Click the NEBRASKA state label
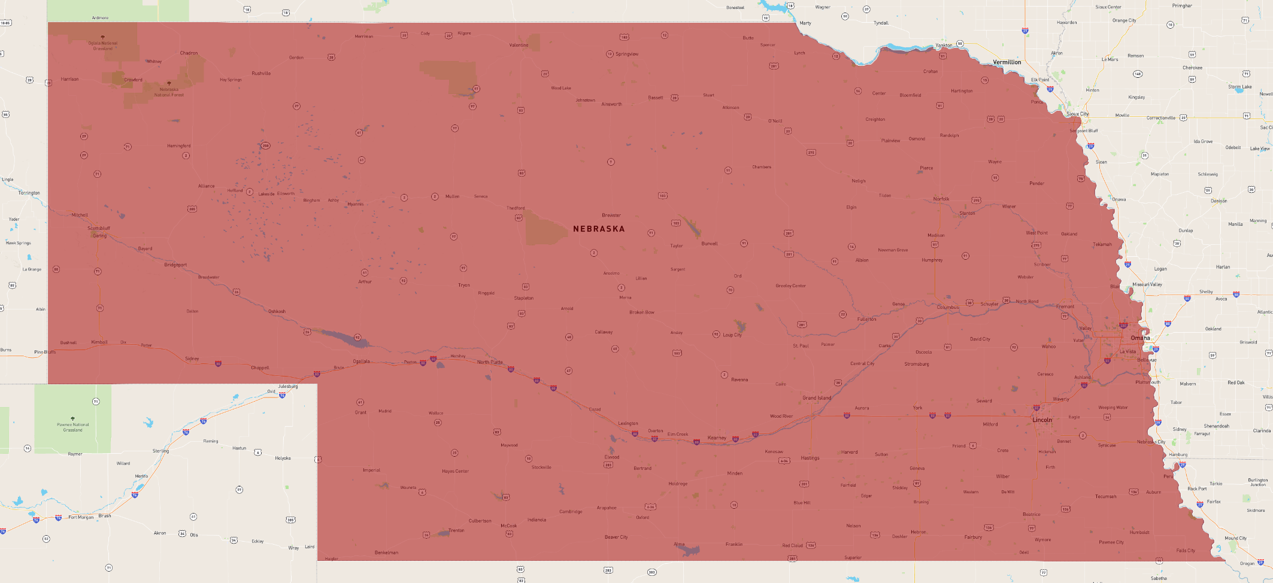click(599, 229)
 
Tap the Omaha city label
click(1140, 338)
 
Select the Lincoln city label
click(1042, 420)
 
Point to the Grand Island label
click(817, 398)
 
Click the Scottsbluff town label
click(99, 228)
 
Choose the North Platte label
click(490, 362)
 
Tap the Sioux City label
click(1077, 114)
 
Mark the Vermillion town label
click(1007, 62)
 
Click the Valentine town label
click(519, 45)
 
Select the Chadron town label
click(189, 53)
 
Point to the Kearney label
click(717, 438)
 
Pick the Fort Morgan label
click(81, 517)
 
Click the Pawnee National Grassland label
click(73, 427)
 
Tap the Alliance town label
click(206, 186)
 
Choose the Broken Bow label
click(641, 312)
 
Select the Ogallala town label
click(361, 362)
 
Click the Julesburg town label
click(287, 387)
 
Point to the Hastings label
click(810, 458)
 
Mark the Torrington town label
click(29, 193)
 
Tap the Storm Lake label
click(1239, 87)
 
